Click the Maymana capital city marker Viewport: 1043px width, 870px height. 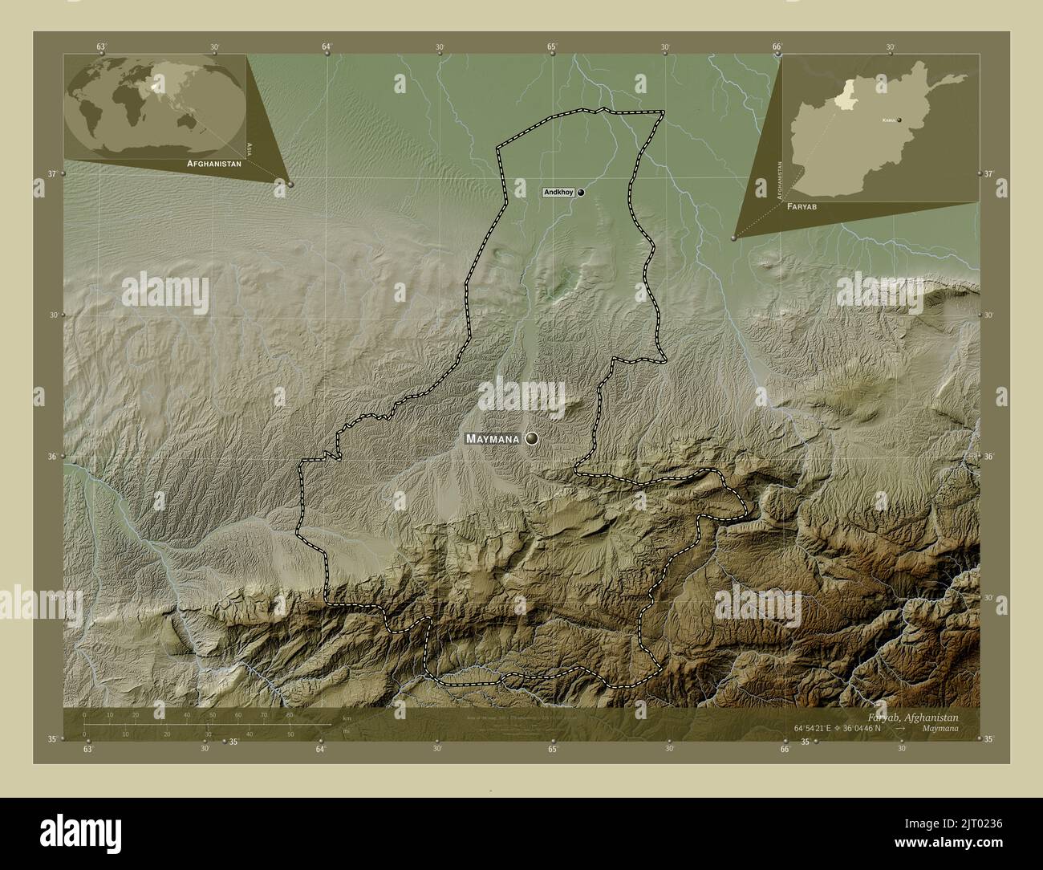click(531, 439)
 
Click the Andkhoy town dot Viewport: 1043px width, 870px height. click(580, 193)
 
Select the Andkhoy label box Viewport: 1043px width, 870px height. click(558, 193)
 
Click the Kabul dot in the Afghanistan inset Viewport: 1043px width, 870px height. click(899, 120)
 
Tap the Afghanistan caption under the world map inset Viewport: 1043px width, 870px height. click(213, 163)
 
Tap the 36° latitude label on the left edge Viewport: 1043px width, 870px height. click(53, 457)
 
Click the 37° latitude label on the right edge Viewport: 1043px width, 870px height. click(988, 173)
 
